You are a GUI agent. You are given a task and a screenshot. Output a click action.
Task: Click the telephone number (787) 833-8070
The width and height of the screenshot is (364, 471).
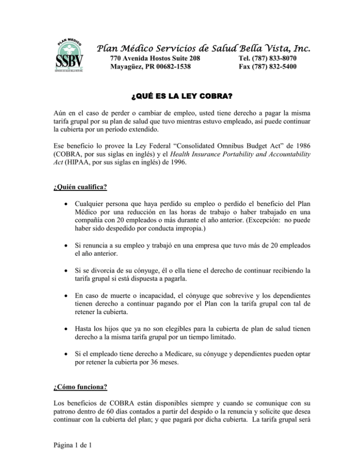click(x=276, y=58)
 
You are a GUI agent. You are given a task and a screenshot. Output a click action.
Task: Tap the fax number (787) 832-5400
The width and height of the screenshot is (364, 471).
click(x=276, y=67)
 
